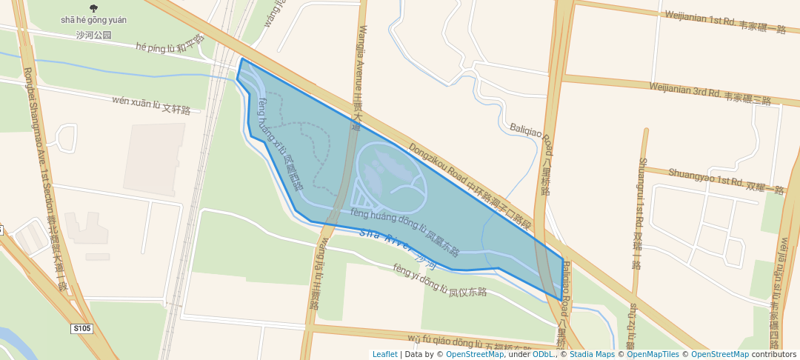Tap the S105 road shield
(81, 327)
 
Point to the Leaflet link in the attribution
(384, 354)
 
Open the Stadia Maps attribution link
(592, 354)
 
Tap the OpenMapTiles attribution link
(653, 354)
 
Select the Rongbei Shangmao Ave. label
(44, 178)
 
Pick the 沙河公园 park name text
(93, 35)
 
